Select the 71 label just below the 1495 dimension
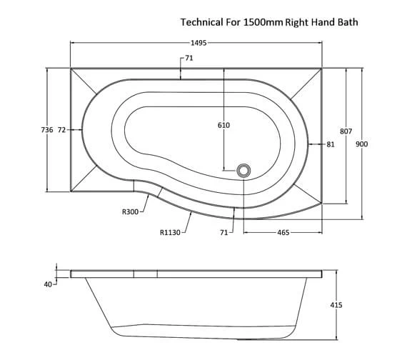click(x=189, y=58)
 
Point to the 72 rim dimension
click(x=62, y=130)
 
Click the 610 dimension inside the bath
click(x=223, y=125)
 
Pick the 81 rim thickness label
click(x=330, y=144)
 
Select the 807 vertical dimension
click(x=346, y=131)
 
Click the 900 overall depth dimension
click(x=361, y=144)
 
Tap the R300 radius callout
click(x=130, y=212)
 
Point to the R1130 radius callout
click(x=171, y=231)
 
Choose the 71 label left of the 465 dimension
click(x=224, y=232)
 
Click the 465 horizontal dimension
click(x=283, y=232)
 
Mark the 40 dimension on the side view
click(x=48, y=284)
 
